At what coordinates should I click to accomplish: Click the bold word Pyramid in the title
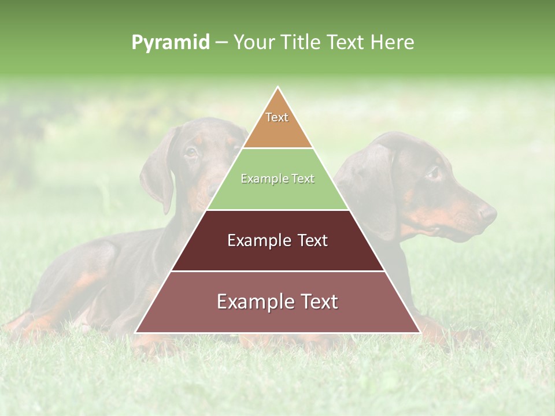click(171, 43)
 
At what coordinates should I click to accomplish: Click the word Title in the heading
click(301, 43)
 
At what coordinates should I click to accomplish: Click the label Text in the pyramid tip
click(277, 117)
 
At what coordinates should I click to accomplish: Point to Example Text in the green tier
click(277, 179)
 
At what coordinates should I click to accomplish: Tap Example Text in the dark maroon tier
click(277, 240)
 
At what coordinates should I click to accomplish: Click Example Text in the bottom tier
click(277, 302)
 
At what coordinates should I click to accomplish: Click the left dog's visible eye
click(191, 153)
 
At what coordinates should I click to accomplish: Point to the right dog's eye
click(433, 172)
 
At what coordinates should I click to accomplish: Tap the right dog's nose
click(489, 214)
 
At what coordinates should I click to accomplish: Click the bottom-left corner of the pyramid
click(136, 333)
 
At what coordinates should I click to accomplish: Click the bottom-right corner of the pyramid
click(420, 333)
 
